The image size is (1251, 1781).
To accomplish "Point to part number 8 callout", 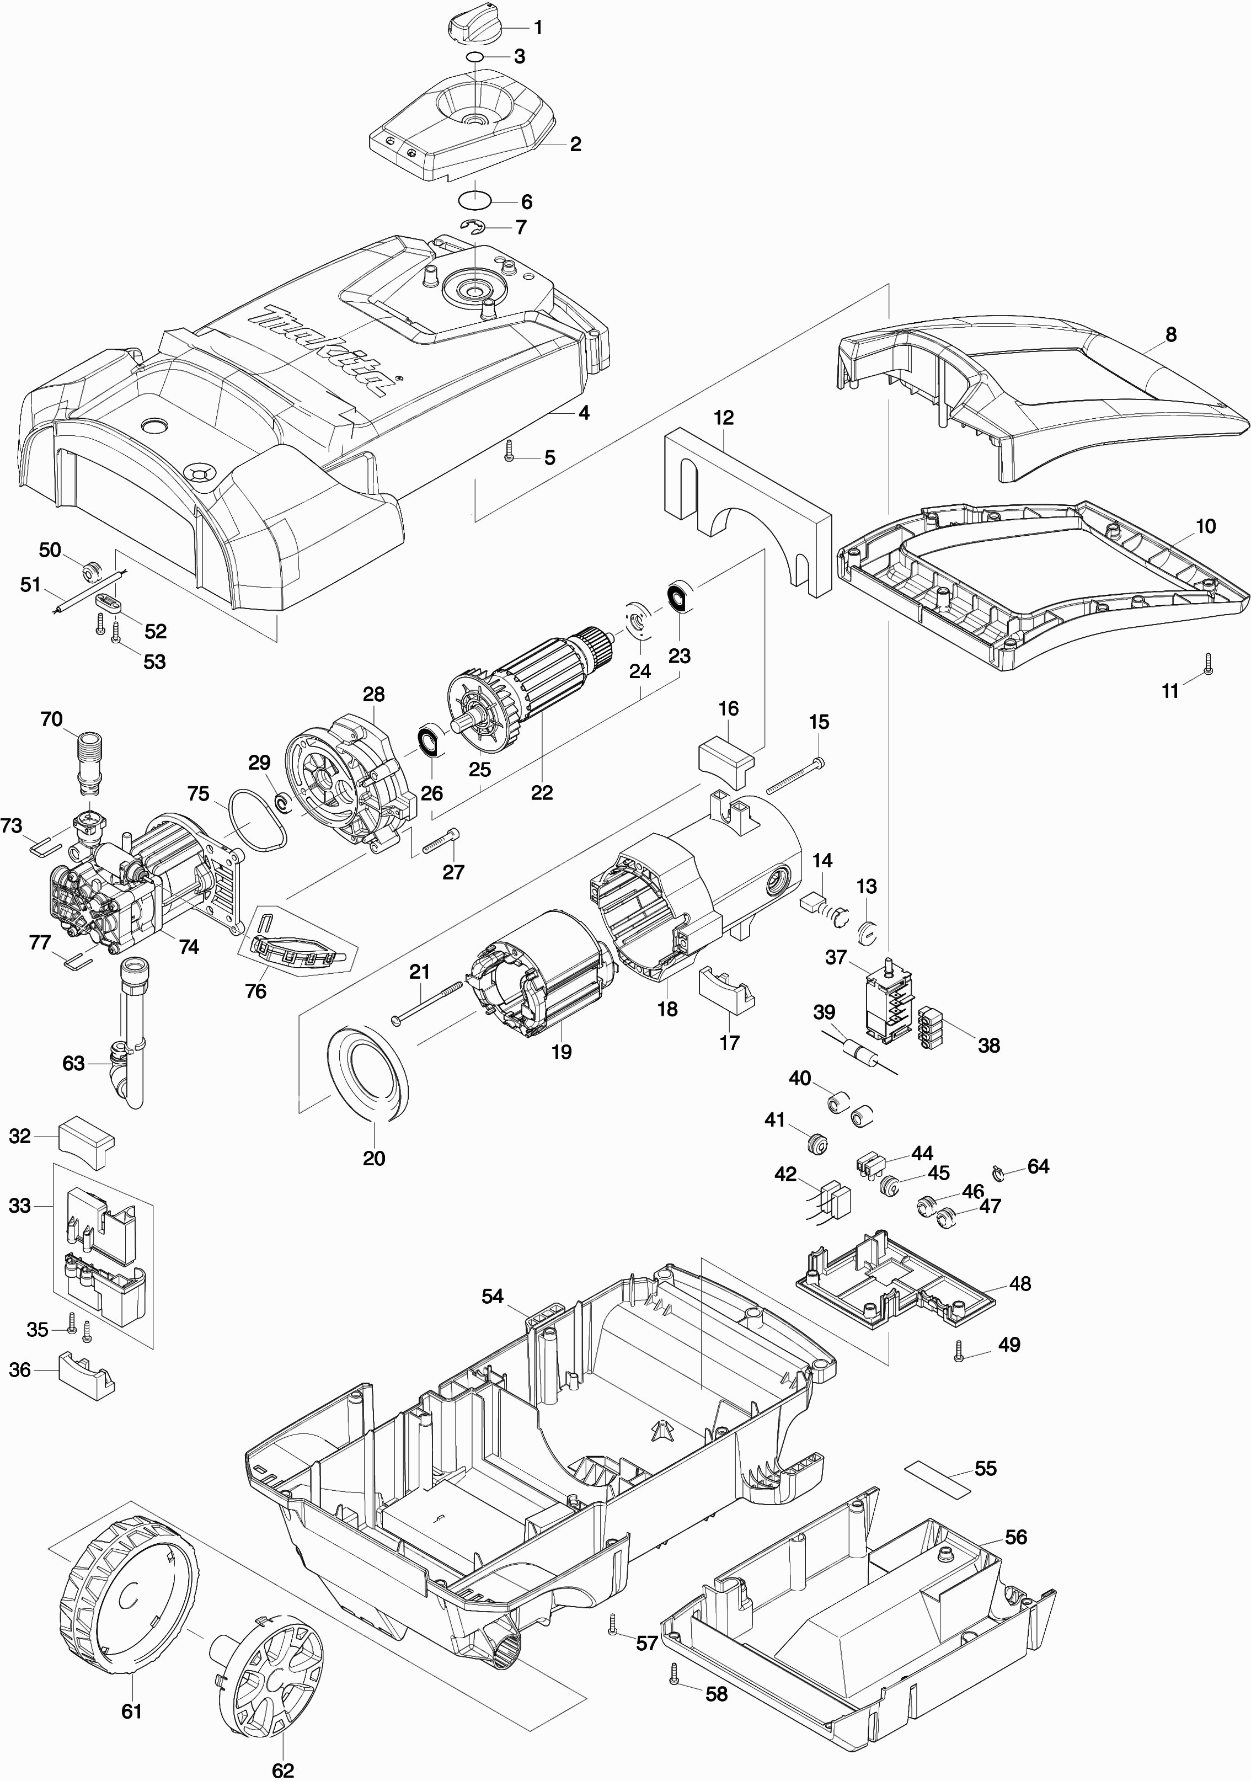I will tap(1170, 334).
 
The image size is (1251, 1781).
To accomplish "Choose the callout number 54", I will tap(493, 1296).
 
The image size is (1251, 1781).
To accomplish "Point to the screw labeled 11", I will tap(1207, 663).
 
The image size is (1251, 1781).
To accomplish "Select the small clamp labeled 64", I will tap(999, 1171).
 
